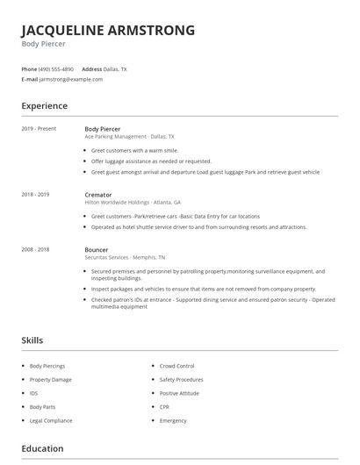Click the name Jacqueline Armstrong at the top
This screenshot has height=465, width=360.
coord(108,31)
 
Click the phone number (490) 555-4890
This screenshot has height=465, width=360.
coord(56,68)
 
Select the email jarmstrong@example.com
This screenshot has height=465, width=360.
coord(71,79)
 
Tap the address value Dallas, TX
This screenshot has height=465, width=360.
coord(116,68)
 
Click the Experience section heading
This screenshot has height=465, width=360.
coord(44,106)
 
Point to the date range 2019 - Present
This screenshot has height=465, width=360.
coord(39,129)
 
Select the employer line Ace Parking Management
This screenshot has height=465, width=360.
coord(129,137)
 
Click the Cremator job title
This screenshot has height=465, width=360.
coord(98,194)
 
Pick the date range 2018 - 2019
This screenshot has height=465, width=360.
coord(35,194)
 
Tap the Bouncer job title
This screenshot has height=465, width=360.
coord(97,249)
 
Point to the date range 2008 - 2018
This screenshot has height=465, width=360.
coord(35,249)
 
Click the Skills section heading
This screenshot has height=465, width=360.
coord(32,340)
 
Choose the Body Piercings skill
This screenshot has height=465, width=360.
coord(47,365)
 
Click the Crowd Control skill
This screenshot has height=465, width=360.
coord(176,365)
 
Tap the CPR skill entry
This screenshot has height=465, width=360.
coord(165,407)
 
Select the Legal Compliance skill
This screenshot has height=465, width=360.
coord(50,420)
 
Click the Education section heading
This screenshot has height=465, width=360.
coord(42,448)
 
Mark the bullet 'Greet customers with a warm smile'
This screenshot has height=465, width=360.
coord(134,150)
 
